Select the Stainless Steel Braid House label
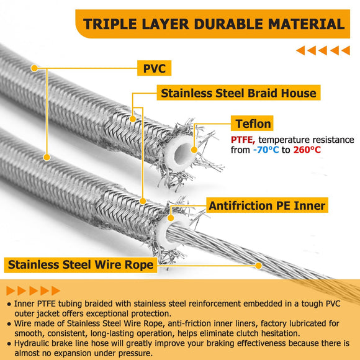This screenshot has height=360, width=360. pos(238,93)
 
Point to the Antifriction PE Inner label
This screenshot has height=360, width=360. pos(267,205)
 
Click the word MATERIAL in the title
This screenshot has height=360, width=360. pos(307,24)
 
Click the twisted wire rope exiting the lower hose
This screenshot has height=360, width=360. pos(248,248)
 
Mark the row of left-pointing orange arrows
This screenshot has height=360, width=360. pos(322,51)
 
